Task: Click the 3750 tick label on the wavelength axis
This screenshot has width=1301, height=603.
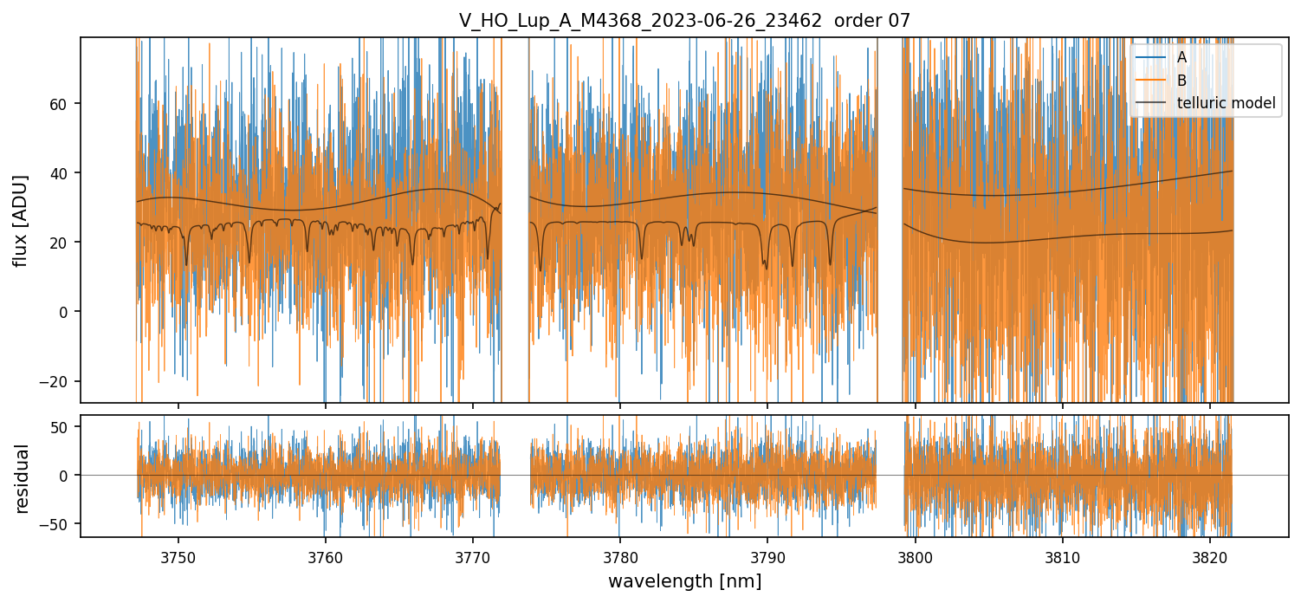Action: [178, 557]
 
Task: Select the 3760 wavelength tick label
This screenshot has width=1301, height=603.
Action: [326, 557]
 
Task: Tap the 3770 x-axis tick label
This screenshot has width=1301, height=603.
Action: [473, 557]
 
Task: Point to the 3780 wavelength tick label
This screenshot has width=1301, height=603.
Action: [620, 557]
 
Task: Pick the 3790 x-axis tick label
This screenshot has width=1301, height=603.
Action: [767, 557]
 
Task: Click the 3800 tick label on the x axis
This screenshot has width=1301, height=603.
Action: [916, 557]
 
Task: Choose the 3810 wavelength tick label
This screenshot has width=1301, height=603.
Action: [1063, 557]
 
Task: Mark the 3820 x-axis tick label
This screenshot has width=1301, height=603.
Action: [1210, 557]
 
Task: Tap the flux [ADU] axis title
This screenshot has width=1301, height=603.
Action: [21, 220]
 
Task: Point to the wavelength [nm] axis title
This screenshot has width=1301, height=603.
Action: [684, 581]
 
